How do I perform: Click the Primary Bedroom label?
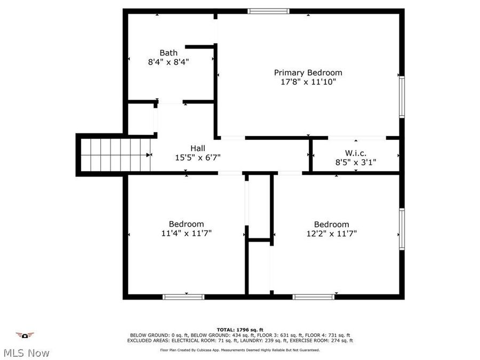[x=308, y=73]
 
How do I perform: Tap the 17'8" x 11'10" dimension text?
[x=308, y=82]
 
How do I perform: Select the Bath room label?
[x=169, y=53]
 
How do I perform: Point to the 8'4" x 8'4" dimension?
[x=169, y=62]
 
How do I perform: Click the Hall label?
[x=198, y=148]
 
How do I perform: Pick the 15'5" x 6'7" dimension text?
[x=198, y=157]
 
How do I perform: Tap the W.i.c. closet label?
[x=355, y=153]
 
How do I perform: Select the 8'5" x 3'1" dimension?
[x=355, y=163]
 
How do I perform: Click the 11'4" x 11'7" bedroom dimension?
[x=186, y=233]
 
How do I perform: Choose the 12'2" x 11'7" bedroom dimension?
[x=331, y=233]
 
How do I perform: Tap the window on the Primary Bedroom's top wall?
[x=269, y=11]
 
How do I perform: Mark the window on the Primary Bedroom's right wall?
[x=402, y=96]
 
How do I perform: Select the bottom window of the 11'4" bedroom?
[x=183, y=297]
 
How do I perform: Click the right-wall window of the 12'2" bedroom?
[x=402, y=229]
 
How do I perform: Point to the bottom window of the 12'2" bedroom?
[x=314, y=297]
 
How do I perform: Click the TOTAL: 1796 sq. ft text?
[x=239, y=330]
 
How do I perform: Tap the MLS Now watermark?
[x=26, y=353]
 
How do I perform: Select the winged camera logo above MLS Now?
[x=25, y=335]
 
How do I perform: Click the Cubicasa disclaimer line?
[x=239, y=350]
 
